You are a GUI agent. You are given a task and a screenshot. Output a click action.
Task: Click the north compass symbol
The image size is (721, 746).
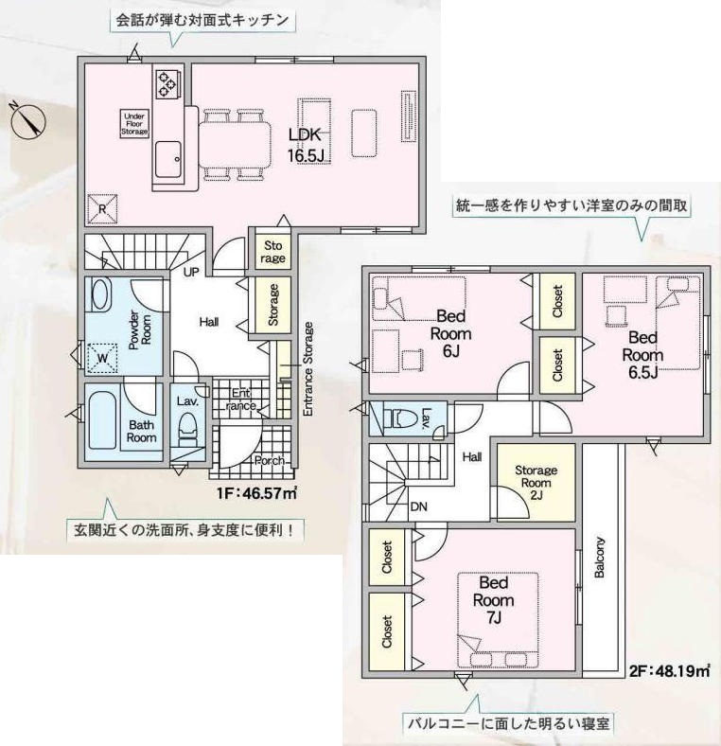click(x=27, y=121)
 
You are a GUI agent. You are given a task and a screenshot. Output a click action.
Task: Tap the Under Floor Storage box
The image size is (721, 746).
click(x=134, y=124)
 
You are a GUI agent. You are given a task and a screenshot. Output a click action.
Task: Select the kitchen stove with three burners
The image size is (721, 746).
click(x=167, y=81)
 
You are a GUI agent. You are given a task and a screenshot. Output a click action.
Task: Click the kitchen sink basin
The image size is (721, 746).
click(x=167, y=159)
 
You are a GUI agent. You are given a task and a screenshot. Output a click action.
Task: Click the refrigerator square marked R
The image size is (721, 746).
click(x=103, y=209)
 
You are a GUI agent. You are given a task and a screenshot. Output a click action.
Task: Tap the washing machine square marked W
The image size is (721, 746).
click(x=102, y=357)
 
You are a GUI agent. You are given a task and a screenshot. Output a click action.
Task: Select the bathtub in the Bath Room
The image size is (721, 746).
click(x=102, y=419)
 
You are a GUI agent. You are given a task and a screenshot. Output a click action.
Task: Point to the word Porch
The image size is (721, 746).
click(x=269, y=460)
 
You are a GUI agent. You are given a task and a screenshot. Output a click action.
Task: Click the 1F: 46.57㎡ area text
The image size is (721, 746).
click(x=257, y=493)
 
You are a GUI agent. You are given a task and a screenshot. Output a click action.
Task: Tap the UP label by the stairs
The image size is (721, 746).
click(x=191, y=272)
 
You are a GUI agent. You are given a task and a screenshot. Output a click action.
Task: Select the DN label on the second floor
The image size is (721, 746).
click(x=418, y=506)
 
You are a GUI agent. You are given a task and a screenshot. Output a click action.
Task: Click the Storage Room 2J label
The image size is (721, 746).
click(x=536, y=483)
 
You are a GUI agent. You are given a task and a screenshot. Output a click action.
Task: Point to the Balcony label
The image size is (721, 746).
click(x=599, y=557)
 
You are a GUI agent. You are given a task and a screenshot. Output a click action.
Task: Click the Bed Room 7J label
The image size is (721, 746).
click(x=493, y=600)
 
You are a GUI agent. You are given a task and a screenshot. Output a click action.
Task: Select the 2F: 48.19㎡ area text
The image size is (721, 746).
click(x=670, y=671)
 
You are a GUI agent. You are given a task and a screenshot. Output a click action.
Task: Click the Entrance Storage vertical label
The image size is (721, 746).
click(x=308, y=369)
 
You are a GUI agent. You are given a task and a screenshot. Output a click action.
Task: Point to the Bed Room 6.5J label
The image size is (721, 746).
click(x=642, y=355)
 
